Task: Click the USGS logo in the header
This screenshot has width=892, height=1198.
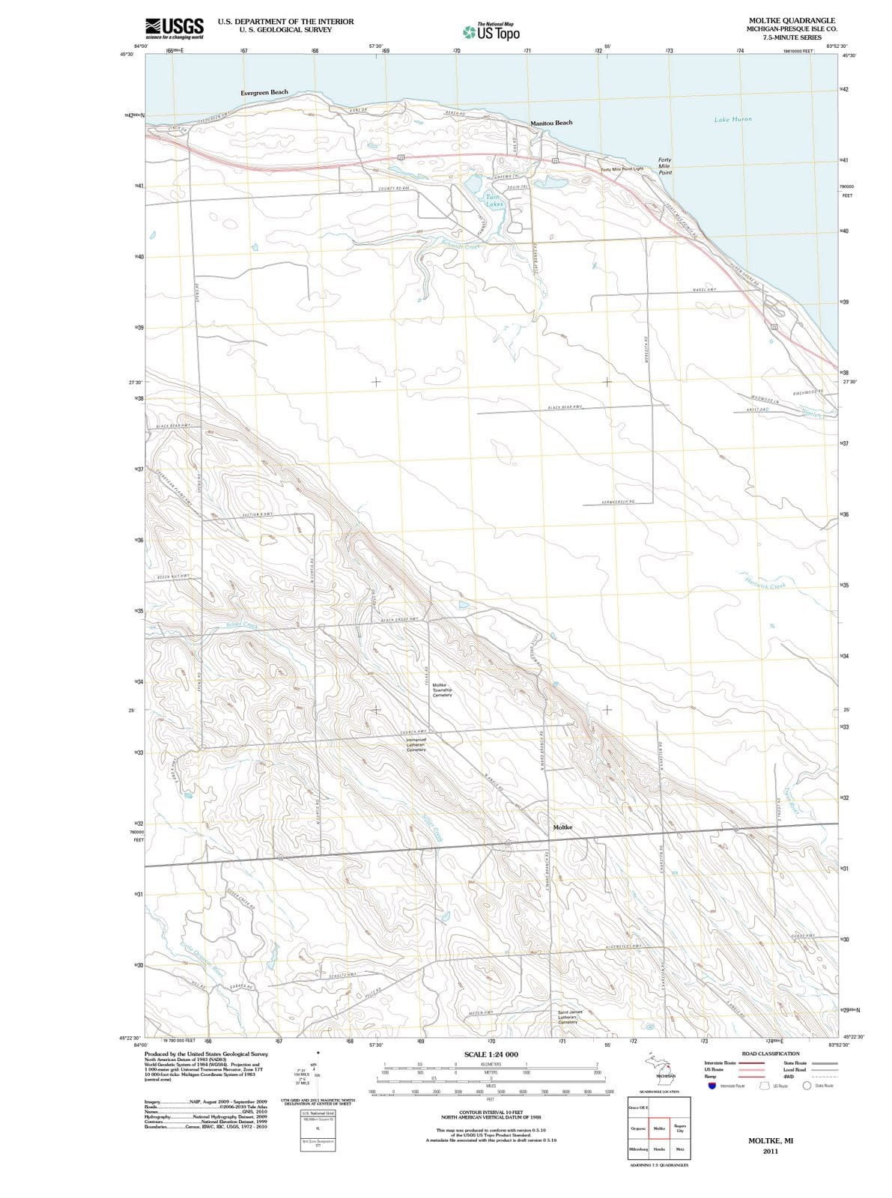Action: (x=175, y=27)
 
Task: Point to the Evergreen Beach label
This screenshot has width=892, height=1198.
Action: (x=264, y=92)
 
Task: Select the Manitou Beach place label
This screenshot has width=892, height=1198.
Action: (x=551, y=123)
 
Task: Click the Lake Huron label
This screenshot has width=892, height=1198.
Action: (x=732, y=119)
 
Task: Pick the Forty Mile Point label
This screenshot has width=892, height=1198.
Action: (x=664, y=166)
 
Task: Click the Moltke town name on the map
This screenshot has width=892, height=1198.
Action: (x=562, y=827)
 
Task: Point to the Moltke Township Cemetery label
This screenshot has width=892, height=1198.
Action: (x=443, y=690)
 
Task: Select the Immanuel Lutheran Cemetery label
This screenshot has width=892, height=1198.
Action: (x=416, y=744)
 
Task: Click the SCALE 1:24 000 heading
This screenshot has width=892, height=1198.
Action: (x=491, y=1054)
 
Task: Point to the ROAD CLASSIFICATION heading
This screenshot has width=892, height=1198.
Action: (x=770, y=1053)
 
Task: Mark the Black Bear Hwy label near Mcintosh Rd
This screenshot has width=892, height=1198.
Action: (x=565, y=407)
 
